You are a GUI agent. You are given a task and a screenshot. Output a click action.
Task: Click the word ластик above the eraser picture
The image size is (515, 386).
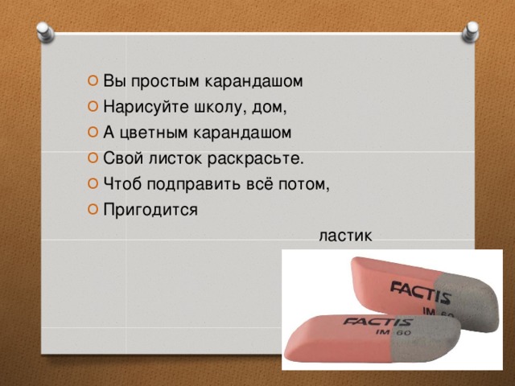[345, 236]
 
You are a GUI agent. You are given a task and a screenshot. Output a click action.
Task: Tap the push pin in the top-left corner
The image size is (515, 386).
[45, 32]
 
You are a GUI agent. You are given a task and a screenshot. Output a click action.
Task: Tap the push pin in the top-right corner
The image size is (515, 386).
[470, 32]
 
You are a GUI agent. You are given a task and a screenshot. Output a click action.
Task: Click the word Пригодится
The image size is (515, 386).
[150, 210]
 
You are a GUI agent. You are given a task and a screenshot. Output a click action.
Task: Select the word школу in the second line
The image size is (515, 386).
[219, 107]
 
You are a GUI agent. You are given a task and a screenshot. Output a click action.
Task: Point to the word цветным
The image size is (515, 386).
[153, 133]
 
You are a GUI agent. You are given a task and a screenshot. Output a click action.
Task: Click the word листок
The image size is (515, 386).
[175, 158]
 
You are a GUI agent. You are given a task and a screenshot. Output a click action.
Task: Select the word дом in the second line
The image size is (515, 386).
[267, 107]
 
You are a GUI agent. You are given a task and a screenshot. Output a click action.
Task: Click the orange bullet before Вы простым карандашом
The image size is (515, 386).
[93, 80]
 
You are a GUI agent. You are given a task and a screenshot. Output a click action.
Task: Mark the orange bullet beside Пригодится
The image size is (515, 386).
[93, 209]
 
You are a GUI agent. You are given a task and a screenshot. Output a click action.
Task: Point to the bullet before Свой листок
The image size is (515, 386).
[93, 158]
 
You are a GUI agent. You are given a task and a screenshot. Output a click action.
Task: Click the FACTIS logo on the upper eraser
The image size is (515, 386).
[420, 292]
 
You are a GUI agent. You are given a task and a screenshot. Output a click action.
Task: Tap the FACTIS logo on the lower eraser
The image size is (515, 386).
[377, 322]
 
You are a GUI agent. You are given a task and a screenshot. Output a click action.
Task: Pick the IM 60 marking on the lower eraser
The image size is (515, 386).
[393, 333]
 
